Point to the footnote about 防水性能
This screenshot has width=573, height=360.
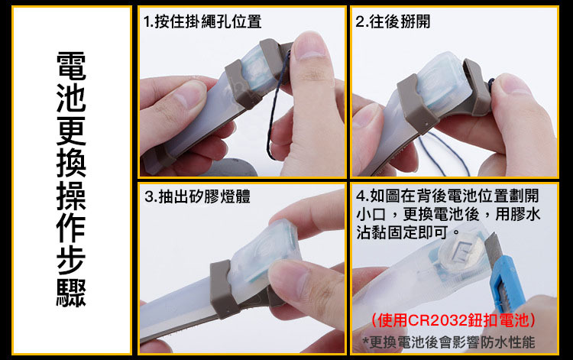(448, 342)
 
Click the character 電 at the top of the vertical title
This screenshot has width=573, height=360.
(71, 66)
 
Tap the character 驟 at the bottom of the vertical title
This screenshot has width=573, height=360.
(71, 293)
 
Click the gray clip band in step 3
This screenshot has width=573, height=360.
(222, 289)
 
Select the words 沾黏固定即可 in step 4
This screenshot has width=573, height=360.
(402, 232)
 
